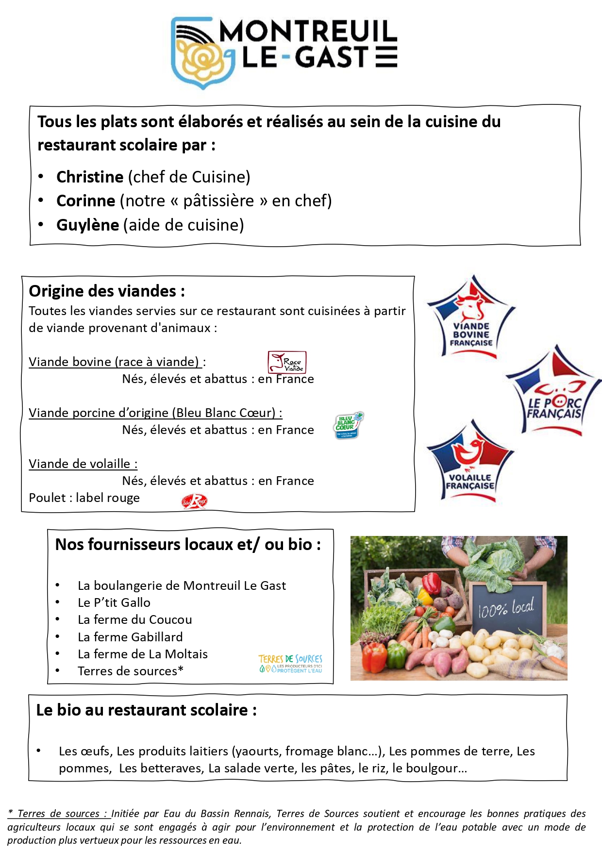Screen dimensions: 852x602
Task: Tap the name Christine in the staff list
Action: tap(90, 177)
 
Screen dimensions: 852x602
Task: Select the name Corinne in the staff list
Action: tap(85, 201)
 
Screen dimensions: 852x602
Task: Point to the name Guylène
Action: tap(87, 225)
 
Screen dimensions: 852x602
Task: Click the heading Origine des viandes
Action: tap(107, 291)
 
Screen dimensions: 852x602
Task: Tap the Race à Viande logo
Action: tap(287, 362)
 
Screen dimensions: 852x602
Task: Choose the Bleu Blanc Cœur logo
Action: tap(349, 425)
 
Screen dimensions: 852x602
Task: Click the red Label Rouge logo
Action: tap(194, 501)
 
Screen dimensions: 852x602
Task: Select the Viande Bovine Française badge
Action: tap(470, 318)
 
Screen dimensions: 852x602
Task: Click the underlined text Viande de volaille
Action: tap(83, 464)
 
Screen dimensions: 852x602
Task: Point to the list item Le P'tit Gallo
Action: tap(114, 603)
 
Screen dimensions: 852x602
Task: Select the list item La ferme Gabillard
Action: tap(130, 637)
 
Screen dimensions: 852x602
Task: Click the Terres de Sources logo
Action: tap(290, 663)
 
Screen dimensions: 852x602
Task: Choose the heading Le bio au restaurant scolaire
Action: tap(146, 710)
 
